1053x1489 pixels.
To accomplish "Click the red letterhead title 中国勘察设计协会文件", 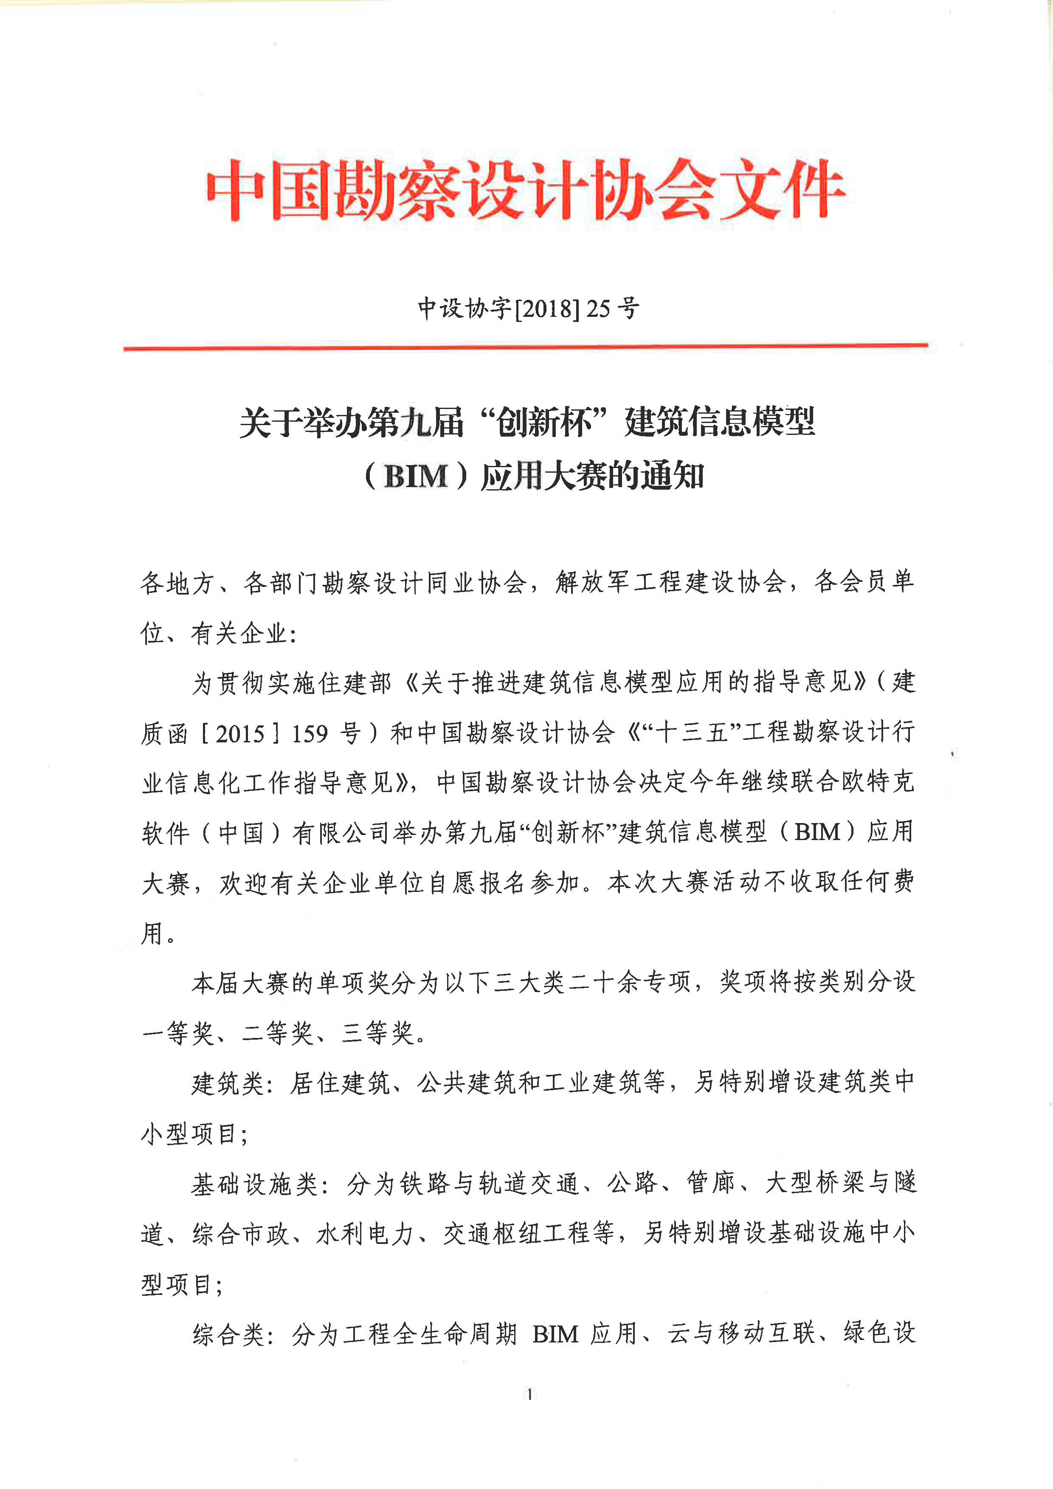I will pos(525,189).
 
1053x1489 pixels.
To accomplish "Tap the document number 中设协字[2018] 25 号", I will pos(529,308).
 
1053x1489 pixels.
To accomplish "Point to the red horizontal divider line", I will pos(525,347).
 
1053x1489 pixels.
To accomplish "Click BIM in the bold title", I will pos(416,477).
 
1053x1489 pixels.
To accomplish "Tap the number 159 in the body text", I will pos(309,733).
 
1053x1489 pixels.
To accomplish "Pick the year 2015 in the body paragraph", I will pos(240,733).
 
